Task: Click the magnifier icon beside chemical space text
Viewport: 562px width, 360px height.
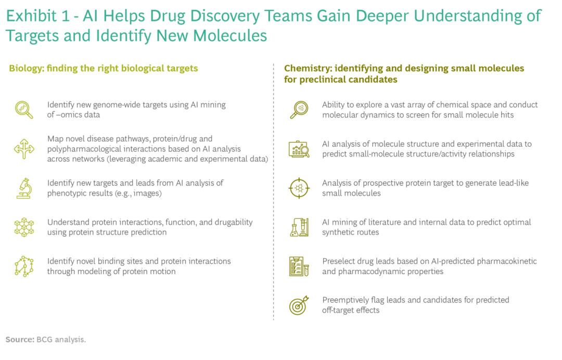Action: coord(299,110)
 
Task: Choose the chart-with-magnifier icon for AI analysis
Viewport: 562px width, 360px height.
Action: coord(299,149)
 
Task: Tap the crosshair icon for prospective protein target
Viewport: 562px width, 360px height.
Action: coord(299,188)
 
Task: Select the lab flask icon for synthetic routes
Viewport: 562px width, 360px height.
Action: coord(299,227)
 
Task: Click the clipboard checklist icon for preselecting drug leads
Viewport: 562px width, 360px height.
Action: coord(299,266)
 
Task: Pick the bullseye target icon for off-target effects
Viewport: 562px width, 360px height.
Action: coord(299,305)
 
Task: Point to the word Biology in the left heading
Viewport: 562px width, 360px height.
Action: coord(25,68)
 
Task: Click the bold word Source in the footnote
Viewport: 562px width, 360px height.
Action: coord(19,340)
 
